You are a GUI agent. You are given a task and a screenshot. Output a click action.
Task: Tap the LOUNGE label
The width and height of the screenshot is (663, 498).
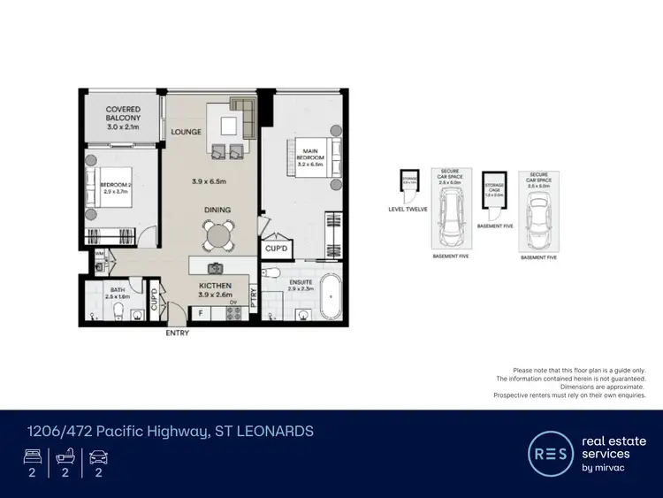click(x=187, y=132)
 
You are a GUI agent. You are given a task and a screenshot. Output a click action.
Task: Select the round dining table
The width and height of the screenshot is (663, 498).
click(x=217, y=234)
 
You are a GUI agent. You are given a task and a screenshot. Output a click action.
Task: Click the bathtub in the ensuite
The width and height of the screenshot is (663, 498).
click(x=332, y=297)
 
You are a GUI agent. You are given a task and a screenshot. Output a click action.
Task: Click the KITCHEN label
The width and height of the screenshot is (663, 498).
click(x=215, y=286)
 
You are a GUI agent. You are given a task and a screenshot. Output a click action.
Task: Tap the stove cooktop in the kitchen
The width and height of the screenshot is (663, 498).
click(x=234, y=312)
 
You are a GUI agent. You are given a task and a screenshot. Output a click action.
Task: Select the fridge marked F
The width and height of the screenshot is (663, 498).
click(x=200, y=312)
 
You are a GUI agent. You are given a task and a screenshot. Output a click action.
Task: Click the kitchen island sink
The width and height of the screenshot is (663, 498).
click(x=215, y=267)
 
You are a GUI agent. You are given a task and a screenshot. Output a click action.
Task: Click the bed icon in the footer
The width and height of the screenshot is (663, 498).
click(x=31, y=457)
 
